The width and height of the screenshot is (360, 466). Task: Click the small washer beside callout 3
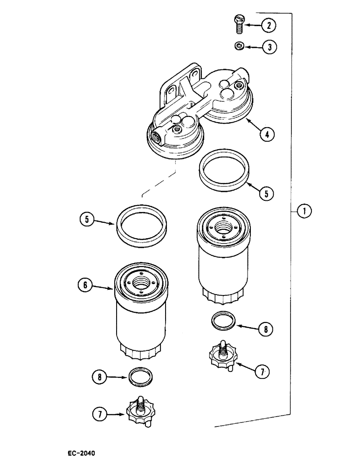point(239,46)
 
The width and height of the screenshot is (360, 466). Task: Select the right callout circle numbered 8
point(264,329)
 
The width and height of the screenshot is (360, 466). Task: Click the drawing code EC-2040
point(81,452)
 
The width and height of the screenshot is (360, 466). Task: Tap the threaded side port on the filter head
point(154,137)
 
